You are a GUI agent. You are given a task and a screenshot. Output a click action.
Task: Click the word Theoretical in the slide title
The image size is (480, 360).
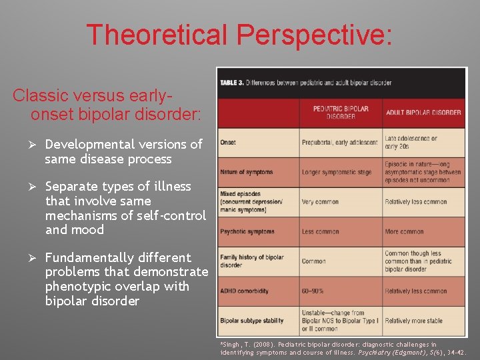[155, 35]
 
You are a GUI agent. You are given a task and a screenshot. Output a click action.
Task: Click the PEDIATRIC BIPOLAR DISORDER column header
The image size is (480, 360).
[341, 112]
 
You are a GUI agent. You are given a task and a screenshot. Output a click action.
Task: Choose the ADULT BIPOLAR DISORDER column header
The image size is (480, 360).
[423, 112]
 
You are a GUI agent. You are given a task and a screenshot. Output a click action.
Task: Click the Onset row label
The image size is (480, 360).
[228, 143]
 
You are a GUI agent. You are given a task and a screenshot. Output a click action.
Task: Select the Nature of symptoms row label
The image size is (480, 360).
[246, 172]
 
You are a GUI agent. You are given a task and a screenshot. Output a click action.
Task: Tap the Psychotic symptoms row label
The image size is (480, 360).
[247, 231]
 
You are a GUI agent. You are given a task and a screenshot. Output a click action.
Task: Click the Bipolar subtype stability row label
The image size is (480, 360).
[251, 321]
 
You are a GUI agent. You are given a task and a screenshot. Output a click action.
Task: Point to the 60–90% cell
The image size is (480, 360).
[314, 291]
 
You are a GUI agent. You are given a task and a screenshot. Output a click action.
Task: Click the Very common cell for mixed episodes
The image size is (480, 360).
[321, 202]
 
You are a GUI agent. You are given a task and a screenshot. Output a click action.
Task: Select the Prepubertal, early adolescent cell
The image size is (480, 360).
[339, 143]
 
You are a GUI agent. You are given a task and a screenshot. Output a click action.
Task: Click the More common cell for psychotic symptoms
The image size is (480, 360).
[404, 231]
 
